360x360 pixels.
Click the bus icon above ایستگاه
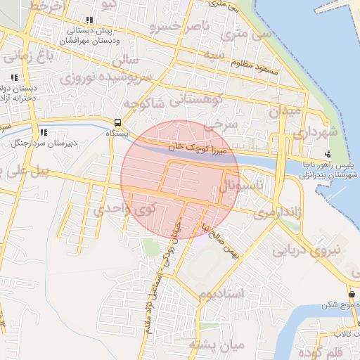[117, 121]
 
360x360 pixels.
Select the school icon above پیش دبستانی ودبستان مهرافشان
[89, 20]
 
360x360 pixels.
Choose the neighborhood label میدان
[285, 111]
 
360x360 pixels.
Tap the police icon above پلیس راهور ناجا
[328, 153]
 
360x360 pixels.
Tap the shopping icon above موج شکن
[351, 293]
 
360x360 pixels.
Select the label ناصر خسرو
[179, 27]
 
